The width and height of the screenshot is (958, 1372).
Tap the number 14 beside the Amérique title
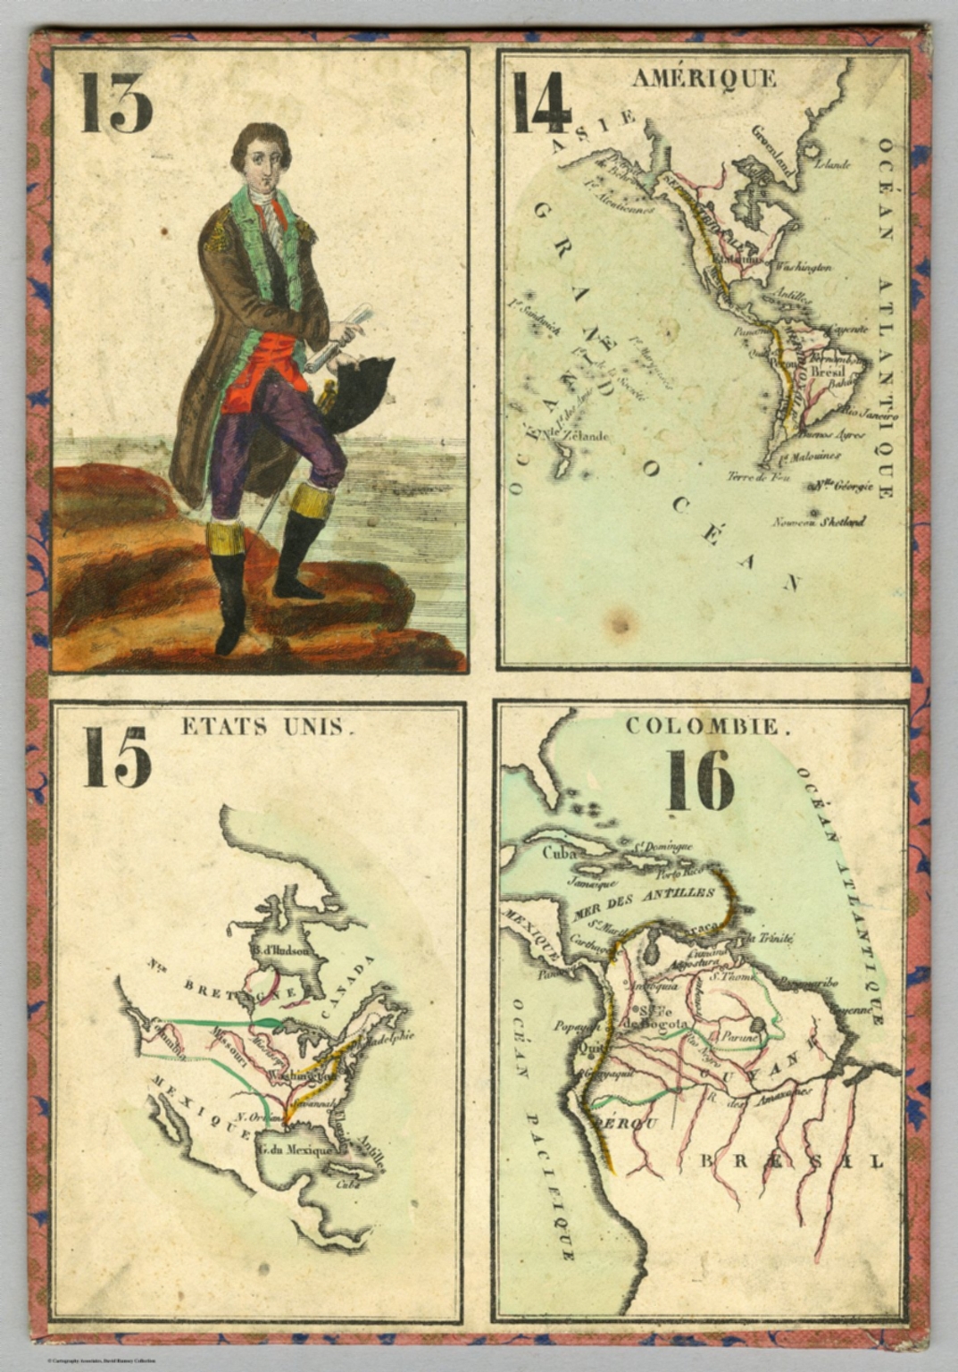point(541,103)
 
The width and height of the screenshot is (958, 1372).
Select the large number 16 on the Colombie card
point(701,780)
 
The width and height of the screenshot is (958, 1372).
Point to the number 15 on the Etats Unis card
point(117,757)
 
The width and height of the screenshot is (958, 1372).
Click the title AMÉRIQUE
point(704,79)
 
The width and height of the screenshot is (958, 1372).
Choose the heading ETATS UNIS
point(263,726)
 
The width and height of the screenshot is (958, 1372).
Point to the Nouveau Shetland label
point(819,522)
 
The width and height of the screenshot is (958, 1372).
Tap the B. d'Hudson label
point(279,950)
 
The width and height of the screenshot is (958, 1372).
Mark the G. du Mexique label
point(294,1150)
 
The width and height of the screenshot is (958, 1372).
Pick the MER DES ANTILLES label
point(646,898)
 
